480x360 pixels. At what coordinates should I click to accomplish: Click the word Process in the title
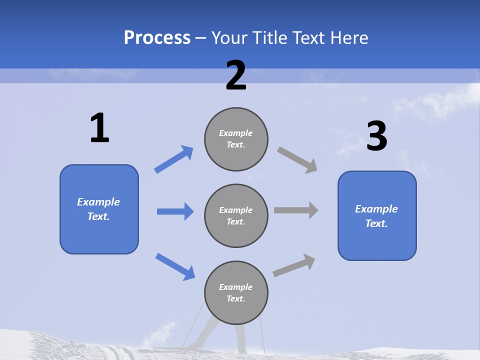(x=157, y=37)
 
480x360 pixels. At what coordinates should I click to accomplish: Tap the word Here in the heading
(x=348, y=37)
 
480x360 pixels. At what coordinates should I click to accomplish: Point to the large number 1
(x=99, y=128)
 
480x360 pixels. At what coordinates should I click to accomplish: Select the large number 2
(x=236, y=75)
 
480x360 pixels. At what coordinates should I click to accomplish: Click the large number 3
(x=376, y=136)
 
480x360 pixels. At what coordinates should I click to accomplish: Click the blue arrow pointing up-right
(x=173, y=159)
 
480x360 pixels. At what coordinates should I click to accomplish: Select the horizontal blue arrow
(x=175, y=211)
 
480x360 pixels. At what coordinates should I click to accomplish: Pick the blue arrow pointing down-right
(x=175, y=266)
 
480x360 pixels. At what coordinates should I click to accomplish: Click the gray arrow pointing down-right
(x=297, y=160)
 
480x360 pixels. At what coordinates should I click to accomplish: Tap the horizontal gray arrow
(x=296, y=210)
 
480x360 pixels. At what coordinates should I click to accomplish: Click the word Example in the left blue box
(x=98, y=202)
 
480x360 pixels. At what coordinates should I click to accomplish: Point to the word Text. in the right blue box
(x=376, y=223)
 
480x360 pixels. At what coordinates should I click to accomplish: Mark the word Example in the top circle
(x=236, y=133)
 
